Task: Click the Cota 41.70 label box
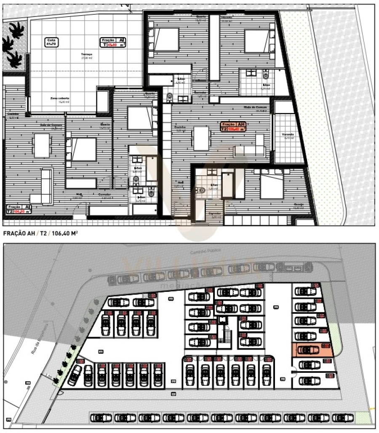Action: click(53, 42)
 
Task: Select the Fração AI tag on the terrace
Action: click(113, 42)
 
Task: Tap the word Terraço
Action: click(87, 55)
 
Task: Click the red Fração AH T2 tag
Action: click(234, 127)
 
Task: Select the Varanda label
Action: click(288, 135)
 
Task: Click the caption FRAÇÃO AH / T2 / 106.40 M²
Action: click(41, 233)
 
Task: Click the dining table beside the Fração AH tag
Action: click(201, 138)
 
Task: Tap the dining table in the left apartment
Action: click(42, 145)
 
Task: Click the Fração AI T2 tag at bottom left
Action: click(19, 209)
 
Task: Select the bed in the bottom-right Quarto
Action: click(272, 185)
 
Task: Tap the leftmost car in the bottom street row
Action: click(101, 417)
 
